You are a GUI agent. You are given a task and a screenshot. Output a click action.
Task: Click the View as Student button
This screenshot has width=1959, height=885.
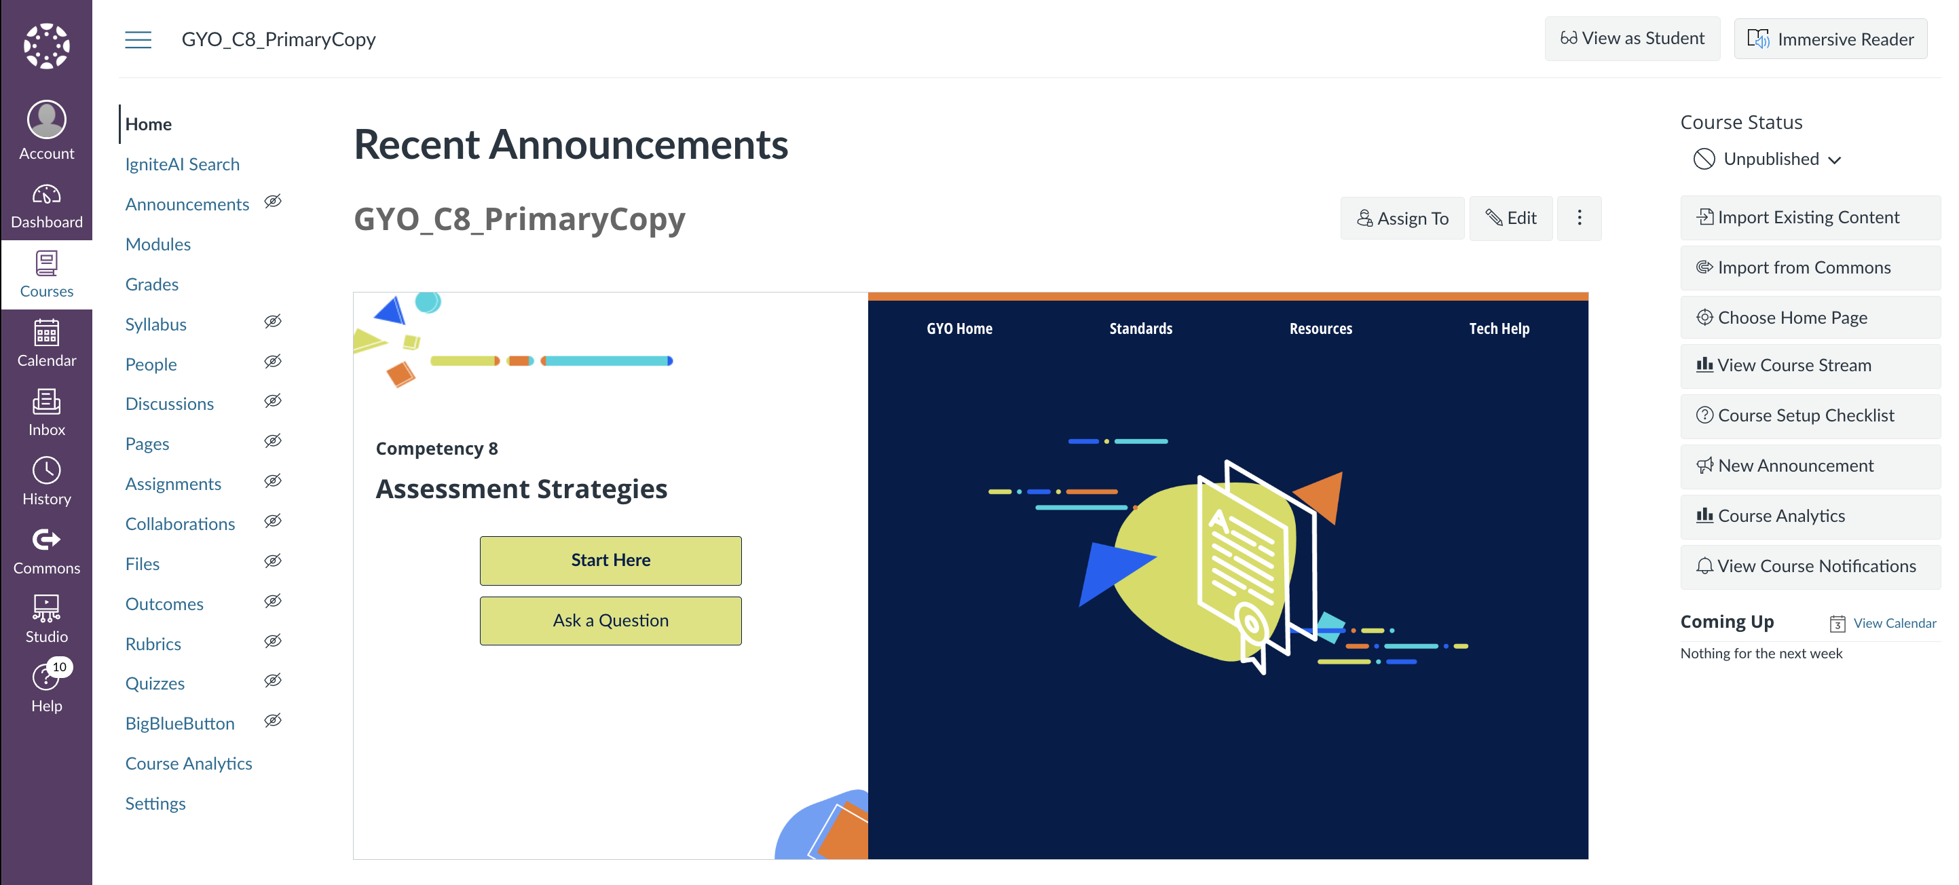(1632, 39)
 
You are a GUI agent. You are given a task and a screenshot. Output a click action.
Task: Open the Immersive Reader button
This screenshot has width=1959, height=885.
(1830, 39)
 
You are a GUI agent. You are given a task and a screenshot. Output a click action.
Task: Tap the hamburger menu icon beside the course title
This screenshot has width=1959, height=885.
(138, 39)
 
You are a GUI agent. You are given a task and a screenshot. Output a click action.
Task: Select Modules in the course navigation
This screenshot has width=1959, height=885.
(158, 244)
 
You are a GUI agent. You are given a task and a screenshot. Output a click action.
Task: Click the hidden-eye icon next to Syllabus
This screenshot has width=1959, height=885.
(273, 322)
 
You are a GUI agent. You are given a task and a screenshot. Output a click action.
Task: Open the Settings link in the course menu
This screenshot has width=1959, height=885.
(155, 803)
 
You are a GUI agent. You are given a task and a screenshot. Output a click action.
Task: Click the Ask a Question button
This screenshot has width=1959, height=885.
(610, 620)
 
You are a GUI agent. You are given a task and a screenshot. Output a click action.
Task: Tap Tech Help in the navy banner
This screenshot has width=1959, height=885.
(1498, 328)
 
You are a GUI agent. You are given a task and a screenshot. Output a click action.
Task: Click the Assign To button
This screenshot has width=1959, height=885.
(1402, 219)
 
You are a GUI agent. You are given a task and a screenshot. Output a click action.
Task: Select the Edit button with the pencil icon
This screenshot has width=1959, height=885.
(1510, 219)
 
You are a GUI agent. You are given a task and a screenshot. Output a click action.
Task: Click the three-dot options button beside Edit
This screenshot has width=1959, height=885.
(1579, 219)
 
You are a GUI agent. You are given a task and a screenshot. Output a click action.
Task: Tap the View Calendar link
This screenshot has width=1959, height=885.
(1894, 624)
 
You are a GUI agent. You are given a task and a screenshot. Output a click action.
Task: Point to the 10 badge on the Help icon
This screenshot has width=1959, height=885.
(59, 666)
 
